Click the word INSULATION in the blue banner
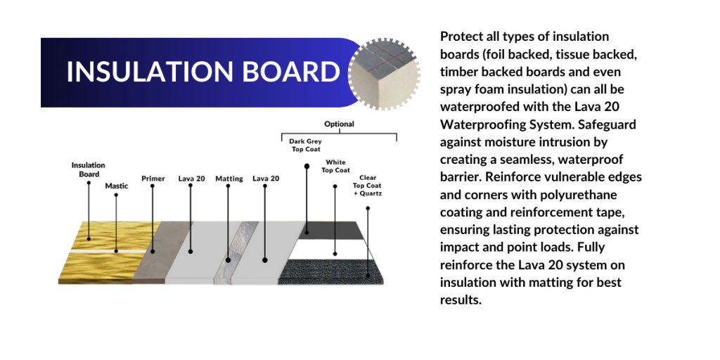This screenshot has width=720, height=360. (150, 72)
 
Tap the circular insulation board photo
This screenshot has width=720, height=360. (384, 74)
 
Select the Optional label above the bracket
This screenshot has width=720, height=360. (339, 124)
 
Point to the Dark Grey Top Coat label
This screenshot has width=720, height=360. (305, 145)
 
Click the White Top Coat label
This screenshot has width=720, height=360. (335, 166)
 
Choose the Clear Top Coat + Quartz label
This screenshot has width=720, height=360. (367, 186)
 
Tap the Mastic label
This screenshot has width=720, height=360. (117, 186)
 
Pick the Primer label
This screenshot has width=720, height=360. (153, 179)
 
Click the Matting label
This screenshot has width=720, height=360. (229, 179)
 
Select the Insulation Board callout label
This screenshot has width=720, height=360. (88, 169)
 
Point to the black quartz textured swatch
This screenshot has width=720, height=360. (330, 271)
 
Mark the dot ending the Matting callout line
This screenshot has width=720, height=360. (229, 260)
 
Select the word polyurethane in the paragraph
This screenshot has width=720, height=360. (576, 195)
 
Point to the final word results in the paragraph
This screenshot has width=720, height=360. (461, 301)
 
